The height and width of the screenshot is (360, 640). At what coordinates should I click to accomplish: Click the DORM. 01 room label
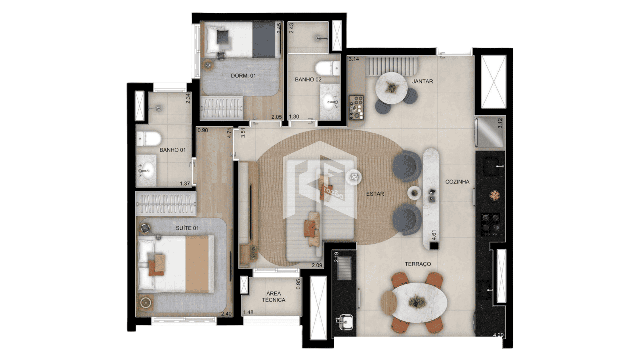(x=243, y=76)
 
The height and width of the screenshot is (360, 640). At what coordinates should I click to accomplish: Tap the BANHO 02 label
(x=308, y=79)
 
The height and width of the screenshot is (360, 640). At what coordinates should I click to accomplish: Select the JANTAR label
(x=422, y=81)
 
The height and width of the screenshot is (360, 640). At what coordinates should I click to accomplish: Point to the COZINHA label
(x=457, y=182)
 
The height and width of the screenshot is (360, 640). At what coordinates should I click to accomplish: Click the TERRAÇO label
(x=418, y=264)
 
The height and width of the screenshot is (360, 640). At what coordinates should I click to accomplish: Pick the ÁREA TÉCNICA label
(x=273, y=297)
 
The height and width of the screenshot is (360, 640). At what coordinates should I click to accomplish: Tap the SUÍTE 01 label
(x=187, y=228)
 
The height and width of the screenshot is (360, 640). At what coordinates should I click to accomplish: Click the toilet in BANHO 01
(x=149, y=139)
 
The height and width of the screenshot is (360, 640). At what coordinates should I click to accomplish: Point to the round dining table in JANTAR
(x=391, y=88)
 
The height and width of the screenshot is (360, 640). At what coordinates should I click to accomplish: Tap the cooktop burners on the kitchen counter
(x=491, y=225)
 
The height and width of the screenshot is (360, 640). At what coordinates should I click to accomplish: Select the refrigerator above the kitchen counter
(x=490, y=132)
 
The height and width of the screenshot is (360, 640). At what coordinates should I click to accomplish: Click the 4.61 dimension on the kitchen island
(x=434, y=235)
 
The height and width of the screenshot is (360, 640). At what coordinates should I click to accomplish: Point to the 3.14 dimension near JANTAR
(x=354, y=59)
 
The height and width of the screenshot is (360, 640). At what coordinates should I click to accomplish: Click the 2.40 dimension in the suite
(x=226, y=314)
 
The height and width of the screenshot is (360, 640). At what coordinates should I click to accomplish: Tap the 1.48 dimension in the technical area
(x=248, y=312)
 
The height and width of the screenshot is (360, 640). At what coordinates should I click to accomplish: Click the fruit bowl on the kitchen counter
(x=495, y=195)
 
